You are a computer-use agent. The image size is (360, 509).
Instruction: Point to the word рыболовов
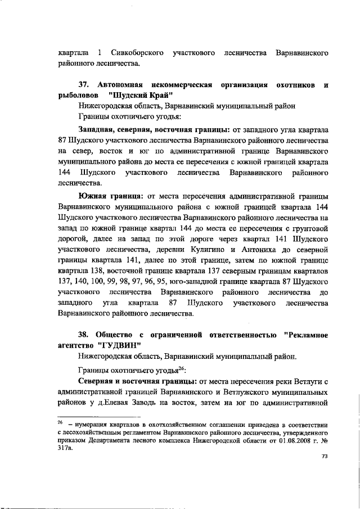tap(78, 94)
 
